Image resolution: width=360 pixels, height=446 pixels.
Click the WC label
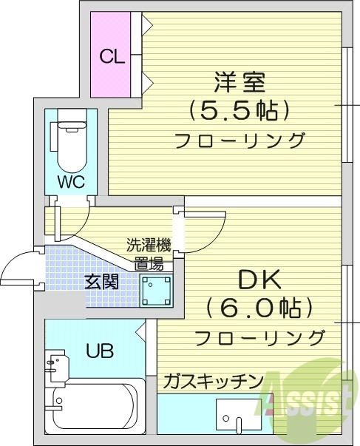click(71, 181)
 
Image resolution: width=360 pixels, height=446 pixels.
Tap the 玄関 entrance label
click(101, 281)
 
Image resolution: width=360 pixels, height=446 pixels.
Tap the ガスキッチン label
click(213, 381)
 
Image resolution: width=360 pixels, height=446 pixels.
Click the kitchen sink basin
click(238, 414)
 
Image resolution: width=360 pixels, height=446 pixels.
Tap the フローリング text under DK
click(259, 337)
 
